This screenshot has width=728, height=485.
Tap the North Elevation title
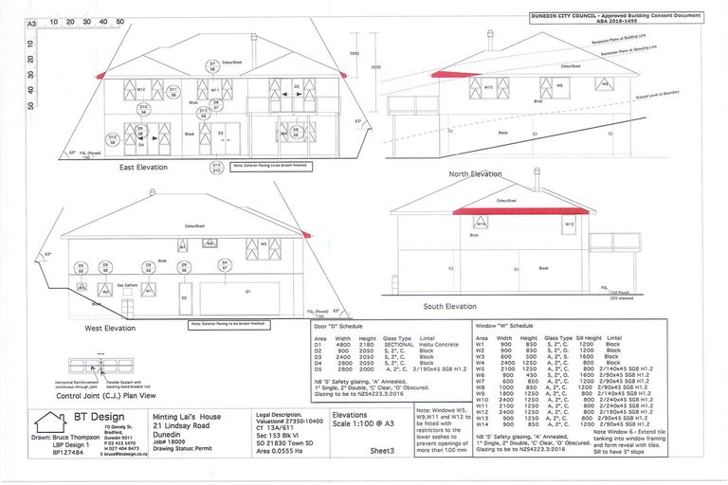coord(475,174)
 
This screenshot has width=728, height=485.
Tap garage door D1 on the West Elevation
coord(247,293)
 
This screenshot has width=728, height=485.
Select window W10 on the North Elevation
coord(488,88)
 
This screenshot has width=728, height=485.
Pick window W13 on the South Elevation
coord(569,225)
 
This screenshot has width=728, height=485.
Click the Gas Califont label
coord(126,284)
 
